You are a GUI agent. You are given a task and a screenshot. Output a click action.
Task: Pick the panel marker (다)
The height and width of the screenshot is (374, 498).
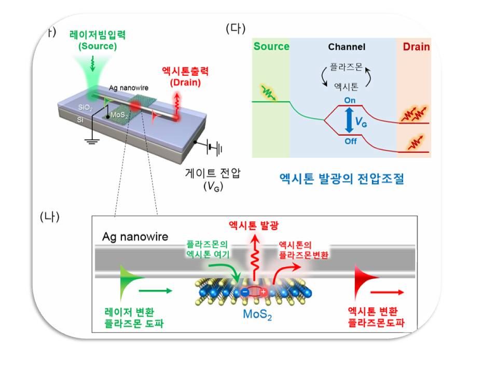point(236,29)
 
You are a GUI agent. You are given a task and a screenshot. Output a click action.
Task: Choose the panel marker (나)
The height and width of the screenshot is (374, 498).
point(50,217)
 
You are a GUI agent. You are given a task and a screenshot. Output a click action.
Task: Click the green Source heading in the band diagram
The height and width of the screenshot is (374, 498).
point(271,47)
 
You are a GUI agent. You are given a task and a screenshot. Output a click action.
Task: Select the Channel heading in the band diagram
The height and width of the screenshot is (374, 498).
point(347,47)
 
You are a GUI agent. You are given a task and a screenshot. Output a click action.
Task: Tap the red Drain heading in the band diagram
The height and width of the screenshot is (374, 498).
point(417,47)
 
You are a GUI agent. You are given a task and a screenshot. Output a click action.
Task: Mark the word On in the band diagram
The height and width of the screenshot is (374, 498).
point(351,100)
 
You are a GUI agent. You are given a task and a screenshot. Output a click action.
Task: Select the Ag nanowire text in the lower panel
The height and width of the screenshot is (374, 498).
point(135,237)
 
